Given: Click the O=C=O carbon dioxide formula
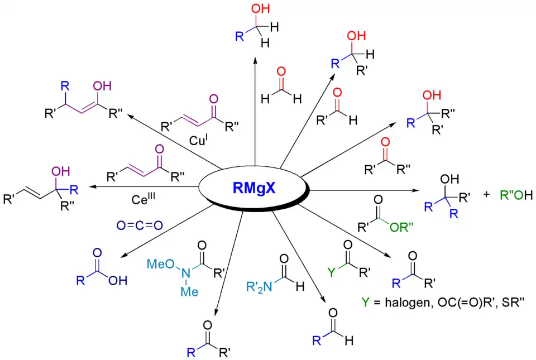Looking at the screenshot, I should click(x=140, y=225).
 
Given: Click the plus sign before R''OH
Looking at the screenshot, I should click(x=487, y=195).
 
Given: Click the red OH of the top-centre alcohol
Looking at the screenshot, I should click(x=259, y=9).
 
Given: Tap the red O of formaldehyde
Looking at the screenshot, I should click(x=281, y=71).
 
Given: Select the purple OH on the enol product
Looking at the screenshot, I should click(x=103, y=86).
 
